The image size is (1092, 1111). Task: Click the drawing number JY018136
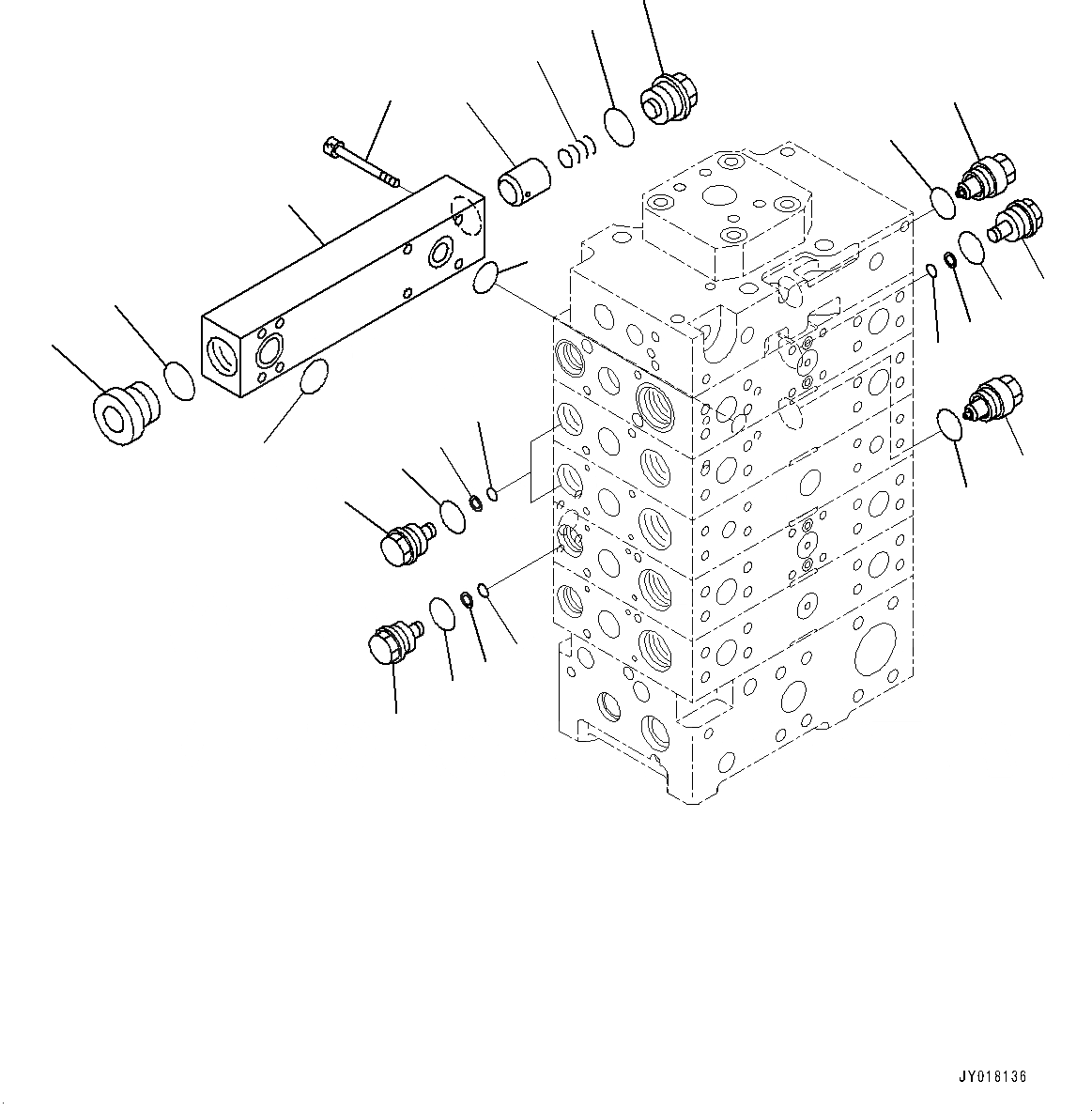coord(992,1076)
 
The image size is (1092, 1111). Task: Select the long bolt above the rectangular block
coord(361,162)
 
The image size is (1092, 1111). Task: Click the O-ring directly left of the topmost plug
coord(618,127)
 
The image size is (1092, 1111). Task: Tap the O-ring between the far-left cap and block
coord(179,380)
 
